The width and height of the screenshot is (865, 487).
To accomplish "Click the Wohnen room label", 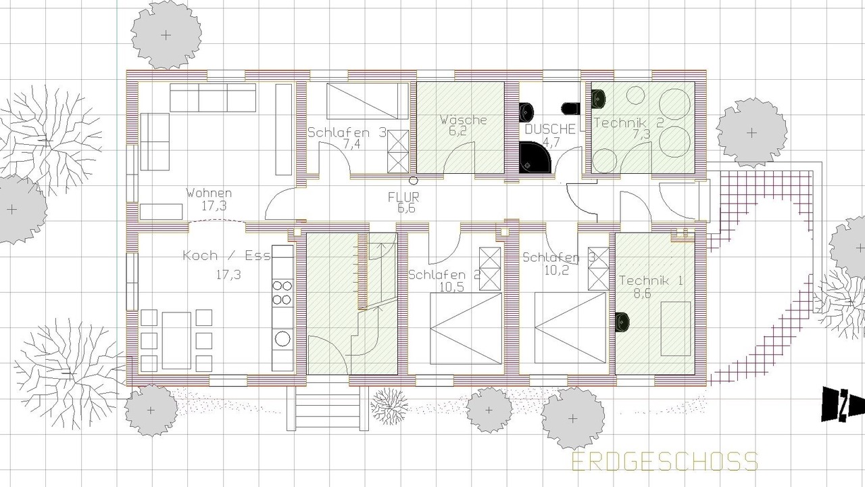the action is (x=209, y=193).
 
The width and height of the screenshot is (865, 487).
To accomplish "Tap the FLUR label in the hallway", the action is (x=403, y=198).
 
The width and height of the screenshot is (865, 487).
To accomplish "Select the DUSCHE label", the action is (x=550, y=129).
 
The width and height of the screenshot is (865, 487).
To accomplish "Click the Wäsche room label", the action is (x=463, y=120).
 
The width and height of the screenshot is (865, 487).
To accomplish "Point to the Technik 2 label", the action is (x=628, y=123).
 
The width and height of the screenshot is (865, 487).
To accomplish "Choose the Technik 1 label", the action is (x=651, y=280).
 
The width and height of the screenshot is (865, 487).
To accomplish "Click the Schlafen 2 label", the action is (x=445, y=275).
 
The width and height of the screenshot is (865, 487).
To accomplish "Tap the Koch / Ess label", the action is (x=226, y=256).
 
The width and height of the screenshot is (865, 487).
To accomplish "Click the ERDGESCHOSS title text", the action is (x=664, y=462).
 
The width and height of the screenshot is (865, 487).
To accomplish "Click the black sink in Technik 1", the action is (x=622, y=322).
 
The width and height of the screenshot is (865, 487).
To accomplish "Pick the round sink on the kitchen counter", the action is (x=282, y=339).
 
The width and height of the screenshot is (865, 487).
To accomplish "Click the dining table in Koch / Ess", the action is (x=176, y=340).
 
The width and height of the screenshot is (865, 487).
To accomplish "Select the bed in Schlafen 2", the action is (x=466, y=329).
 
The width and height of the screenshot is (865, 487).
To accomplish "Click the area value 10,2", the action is (x=556, y=270).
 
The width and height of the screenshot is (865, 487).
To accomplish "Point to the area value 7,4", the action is (x=352, y=145).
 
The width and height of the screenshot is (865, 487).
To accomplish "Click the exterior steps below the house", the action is (x=327, y=409).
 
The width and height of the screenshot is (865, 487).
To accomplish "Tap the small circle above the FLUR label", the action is (x=414, y=181).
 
